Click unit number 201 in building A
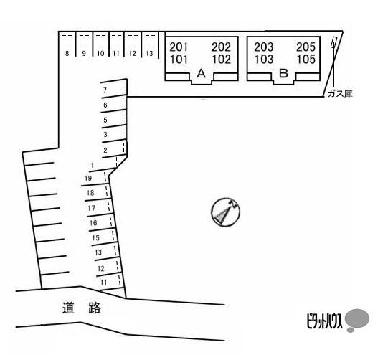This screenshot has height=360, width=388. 179,47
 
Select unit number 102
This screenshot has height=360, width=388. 222,60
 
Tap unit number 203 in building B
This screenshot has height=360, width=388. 264,47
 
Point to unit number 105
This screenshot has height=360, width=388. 306,60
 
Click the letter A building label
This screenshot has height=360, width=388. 202,73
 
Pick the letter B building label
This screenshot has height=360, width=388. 283,73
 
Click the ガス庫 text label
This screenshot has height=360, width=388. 340,94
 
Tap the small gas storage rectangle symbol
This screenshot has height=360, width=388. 333,42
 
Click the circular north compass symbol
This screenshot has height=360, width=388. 225,212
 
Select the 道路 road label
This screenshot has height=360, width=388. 82,308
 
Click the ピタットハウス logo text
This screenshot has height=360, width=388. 324,321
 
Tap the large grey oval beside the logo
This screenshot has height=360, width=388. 357,318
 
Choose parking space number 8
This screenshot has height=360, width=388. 67,53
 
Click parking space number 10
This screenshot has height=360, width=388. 100,53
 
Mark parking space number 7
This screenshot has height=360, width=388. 105,90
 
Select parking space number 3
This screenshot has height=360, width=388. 105,134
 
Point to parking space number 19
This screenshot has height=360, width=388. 88,178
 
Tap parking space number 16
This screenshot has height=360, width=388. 93,223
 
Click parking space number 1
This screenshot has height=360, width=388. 93,165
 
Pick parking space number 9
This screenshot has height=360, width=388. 84,53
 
